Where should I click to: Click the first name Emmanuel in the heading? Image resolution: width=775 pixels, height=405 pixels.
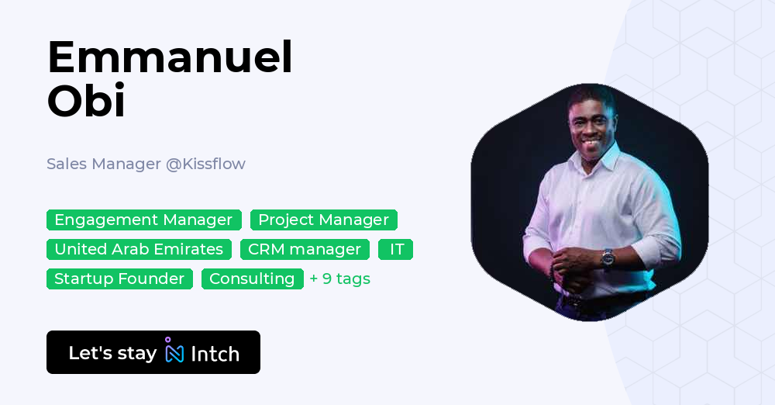(170, 57)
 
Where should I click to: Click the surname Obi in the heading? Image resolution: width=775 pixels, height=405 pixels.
(86, 101)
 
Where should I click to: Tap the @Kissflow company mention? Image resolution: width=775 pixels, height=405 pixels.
(205, 164)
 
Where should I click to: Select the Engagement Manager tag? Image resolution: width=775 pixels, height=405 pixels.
(143, 220)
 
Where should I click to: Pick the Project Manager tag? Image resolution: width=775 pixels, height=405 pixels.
(323, 220)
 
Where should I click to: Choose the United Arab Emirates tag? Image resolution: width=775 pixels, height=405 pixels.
(139, 249)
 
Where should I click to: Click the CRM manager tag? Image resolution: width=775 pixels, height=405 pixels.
(305, 249)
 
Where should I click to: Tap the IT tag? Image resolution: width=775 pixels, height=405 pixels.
(396, 249)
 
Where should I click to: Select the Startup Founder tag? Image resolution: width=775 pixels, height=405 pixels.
(119, 279)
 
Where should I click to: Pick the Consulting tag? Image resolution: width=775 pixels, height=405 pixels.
(252, 279)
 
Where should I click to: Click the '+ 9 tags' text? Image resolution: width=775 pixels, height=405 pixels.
(339, 279)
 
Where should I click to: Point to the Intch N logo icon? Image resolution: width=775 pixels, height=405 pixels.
(174, 351)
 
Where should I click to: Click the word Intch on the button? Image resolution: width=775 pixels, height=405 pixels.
(215, 354)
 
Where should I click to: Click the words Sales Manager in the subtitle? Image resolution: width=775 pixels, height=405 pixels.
(103, 164)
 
